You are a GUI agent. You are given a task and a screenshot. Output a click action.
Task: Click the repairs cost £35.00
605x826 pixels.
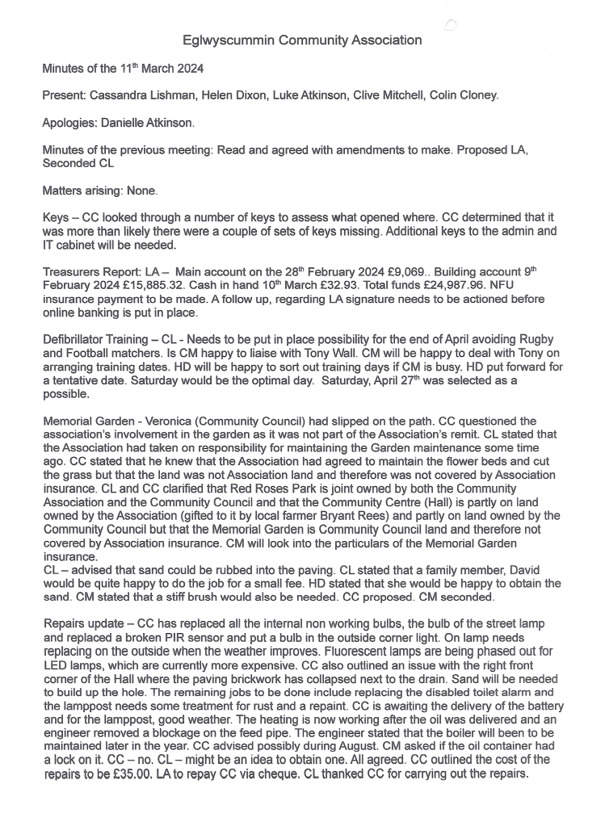(124, 773)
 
